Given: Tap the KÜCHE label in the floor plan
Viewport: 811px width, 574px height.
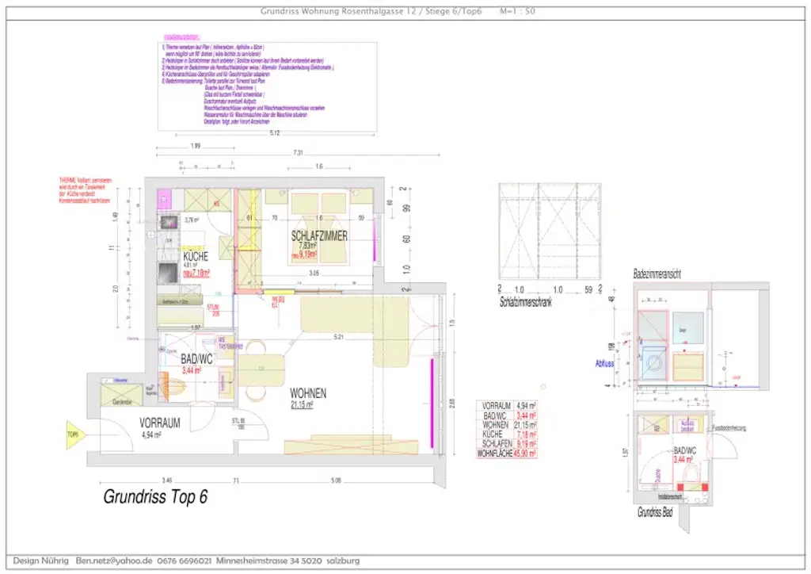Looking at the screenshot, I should pos(196,257).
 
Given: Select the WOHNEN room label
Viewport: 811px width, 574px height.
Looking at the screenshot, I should pos(308,393).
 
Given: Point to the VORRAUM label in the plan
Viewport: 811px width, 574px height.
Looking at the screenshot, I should pos(160,423).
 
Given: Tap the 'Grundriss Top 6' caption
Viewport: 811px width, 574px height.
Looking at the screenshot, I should pos(155,497).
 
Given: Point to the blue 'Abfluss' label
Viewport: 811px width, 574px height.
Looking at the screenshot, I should pos(604,365).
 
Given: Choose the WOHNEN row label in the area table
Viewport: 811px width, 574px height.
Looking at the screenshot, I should pos(495,425).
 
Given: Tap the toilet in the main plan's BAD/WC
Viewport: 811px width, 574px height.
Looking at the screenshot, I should pos(178,388).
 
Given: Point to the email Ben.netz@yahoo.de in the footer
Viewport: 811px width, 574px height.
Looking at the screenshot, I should pos(114,561).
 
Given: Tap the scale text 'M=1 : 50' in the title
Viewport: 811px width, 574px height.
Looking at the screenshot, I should pos(518,11).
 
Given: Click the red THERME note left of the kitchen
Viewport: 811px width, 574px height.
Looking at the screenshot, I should pos(85,191).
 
